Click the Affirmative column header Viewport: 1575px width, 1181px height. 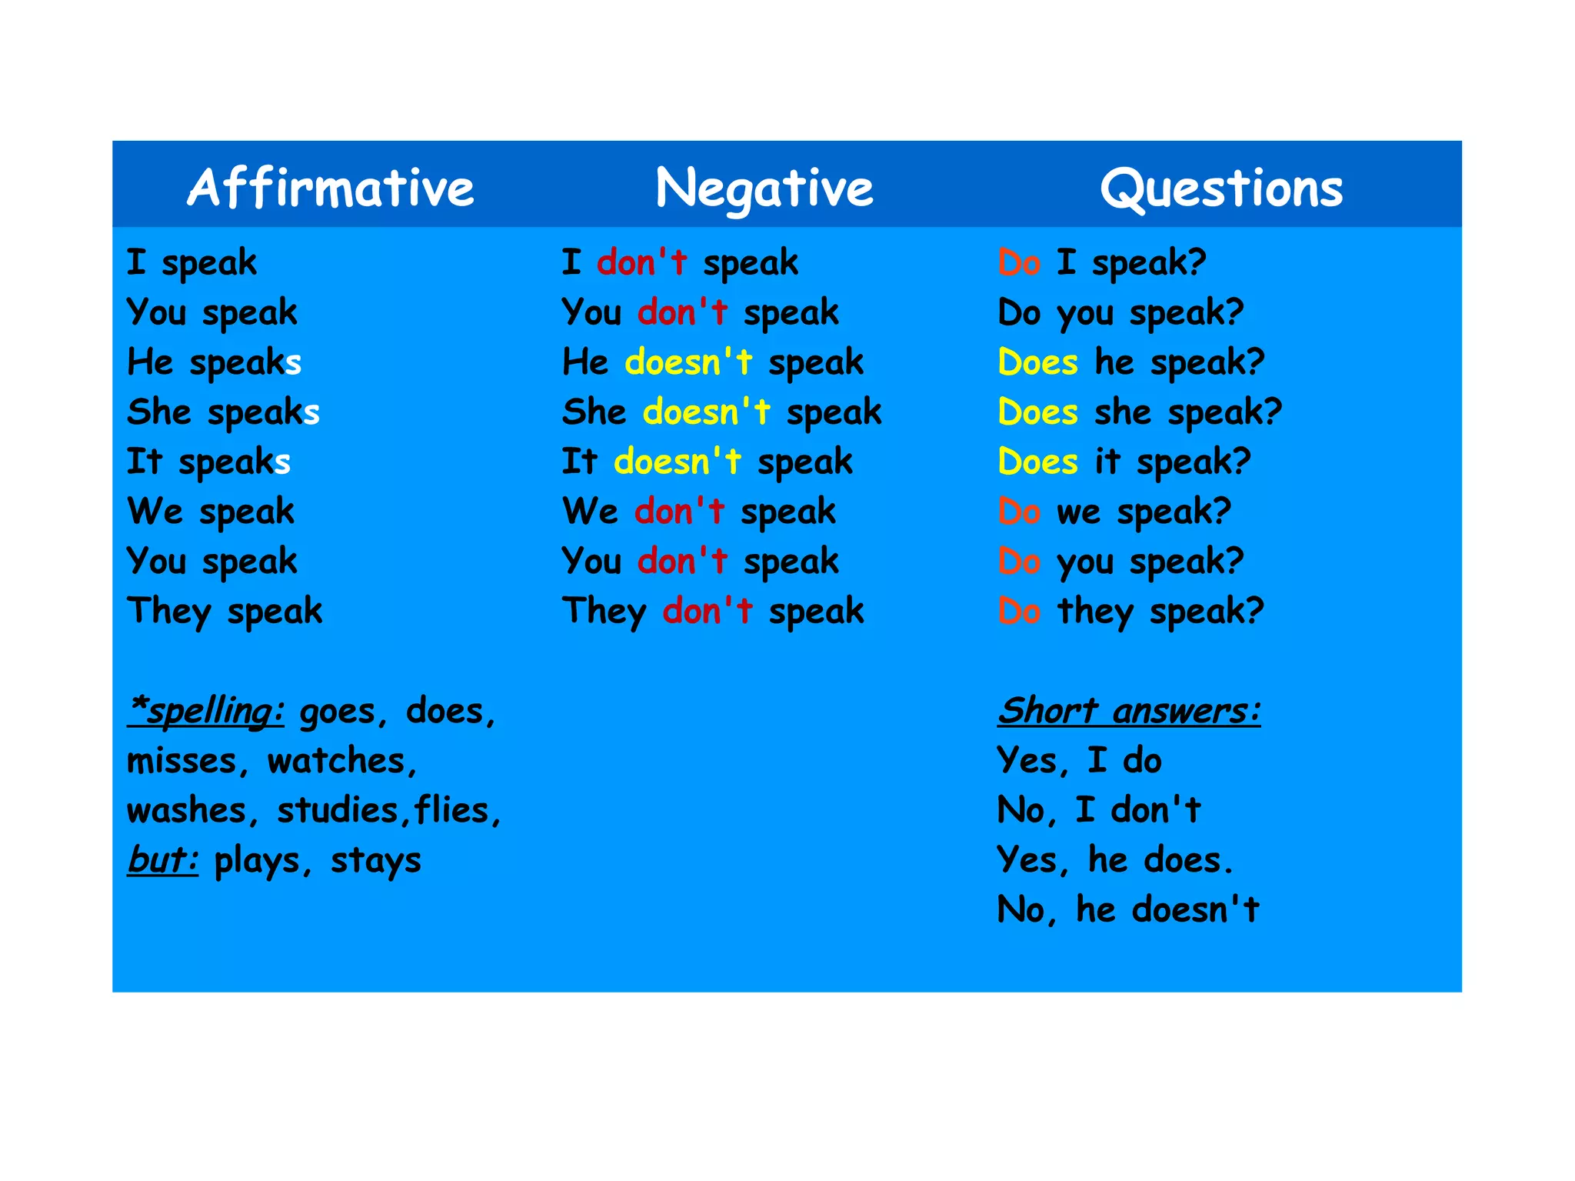pyautogui.click(x=331, y=188)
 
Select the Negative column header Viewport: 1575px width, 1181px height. pyautogui.click(x=764, y=188)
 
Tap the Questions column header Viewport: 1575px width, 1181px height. pyautogui.click(x=1221, y=188)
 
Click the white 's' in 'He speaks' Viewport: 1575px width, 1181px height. pyautogui.click(x=293, y=363)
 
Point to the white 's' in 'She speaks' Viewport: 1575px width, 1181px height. pyautogui.click(x=311, y=413)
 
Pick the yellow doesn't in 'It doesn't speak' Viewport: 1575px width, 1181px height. pyautogui.click(x=678, y=462)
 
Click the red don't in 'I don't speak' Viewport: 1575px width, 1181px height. pyautogui.click(x=641, y=263)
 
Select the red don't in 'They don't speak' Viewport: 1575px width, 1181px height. pyautogui.click(x=708, y=612)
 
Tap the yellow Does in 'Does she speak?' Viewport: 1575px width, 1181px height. pyautogui.click(x=1037, y=412)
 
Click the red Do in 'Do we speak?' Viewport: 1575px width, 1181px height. pyautogui.click(x=1019, y=512)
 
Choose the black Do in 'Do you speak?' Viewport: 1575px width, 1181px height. pyautogui.click(x=1019, y=313)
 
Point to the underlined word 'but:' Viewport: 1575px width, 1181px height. pyautogui.click(x=163, y=860)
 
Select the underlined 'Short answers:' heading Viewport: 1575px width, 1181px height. pyautogui.click(x=1129, y=711)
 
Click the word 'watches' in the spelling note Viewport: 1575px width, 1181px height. pyautogui.click(x=336, y=762)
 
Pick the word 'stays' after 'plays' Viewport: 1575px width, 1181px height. pyautogui.click(x=376, y=861)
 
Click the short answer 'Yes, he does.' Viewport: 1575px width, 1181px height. pyautogui.click(x=1114, y=860)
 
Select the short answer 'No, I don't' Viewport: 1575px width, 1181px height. pyautogui.click(x=1098, y=811)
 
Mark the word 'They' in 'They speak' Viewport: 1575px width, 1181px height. pyautogui.click(x=169, y=612)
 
